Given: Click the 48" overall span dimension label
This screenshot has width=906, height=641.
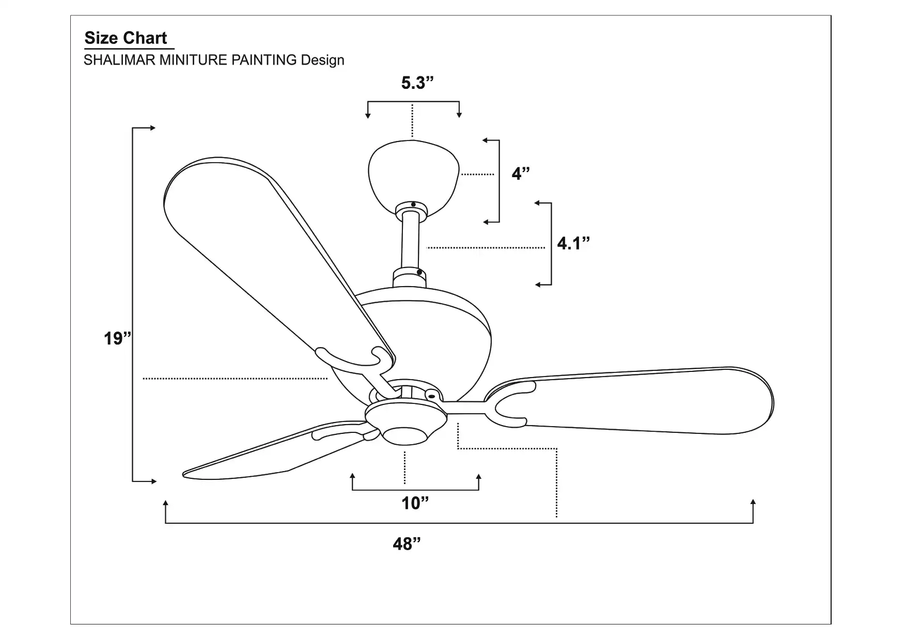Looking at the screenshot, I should [x=407, y=544].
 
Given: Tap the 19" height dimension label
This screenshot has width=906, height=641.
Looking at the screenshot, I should [x=117, y=338].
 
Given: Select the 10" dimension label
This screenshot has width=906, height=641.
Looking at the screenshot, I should [x=415, y=503].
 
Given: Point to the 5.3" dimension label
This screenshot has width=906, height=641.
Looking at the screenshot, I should [x=417, y=83].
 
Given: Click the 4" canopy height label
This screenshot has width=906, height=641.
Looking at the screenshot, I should [x=521, y=174].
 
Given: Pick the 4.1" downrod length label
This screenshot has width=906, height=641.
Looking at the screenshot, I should [x=573, y=243].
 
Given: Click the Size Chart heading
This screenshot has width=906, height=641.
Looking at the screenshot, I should [x=126, y=38].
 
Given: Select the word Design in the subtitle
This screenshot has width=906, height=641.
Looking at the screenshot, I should [x=322, y=60].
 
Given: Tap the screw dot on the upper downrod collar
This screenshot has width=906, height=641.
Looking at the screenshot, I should [x=414, y=205].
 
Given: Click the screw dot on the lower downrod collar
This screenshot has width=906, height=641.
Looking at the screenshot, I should [x=419, y=272].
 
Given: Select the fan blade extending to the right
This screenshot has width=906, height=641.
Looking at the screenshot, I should [x=646, y=400].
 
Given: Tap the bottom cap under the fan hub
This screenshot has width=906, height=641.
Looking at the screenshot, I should [x=405, y=435].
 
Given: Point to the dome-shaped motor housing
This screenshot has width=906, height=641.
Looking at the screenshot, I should [x=439, y=331].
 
